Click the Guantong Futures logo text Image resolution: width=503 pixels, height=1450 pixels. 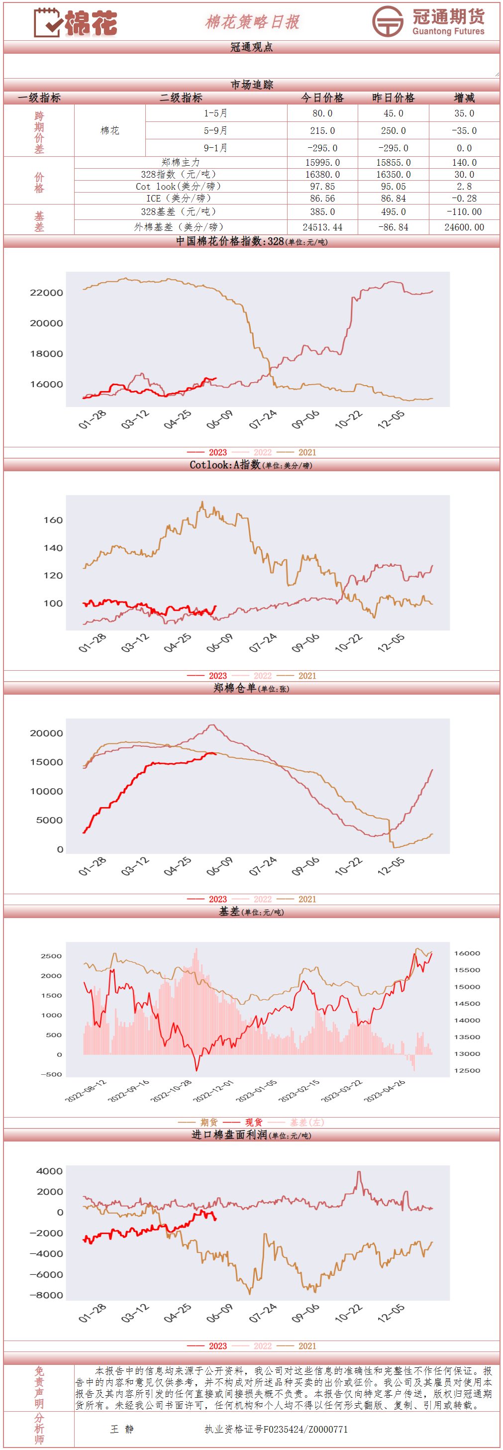(x=448, y=22)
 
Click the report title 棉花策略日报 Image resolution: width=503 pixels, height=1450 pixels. (x=252, y=22)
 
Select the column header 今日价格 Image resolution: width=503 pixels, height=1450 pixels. (x=322, y=98)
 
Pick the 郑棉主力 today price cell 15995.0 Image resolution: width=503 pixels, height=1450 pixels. (x=322, y=163)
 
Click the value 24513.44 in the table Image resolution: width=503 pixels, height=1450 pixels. (x=322, y=227)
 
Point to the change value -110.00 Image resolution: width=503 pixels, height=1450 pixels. (x=464, y=212)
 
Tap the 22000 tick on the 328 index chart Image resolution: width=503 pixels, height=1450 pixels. (x=47, y=293)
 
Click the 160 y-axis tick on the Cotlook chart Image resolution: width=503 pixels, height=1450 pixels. (x=53, y=520)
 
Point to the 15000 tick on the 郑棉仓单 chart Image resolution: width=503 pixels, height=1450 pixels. (x=47, y=762)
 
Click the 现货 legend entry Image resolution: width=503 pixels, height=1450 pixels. (x=253, y=1123)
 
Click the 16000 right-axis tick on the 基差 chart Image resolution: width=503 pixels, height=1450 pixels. (x=467, y=953)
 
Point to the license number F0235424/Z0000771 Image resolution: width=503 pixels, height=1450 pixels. (x=276, y=1429)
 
